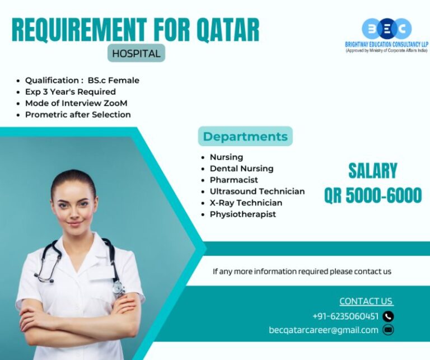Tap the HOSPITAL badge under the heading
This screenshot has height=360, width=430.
(136, 54)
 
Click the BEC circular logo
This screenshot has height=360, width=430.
(386, 29)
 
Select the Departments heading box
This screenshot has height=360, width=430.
(245, 137)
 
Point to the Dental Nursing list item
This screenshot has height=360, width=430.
(241, 169)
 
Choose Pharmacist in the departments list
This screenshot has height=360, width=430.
(233, 180)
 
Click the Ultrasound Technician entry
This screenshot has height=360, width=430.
(257, 191)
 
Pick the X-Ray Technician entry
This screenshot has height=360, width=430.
(246, 203)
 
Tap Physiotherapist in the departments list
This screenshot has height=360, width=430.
(242, 214)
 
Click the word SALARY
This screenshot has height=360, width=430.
(372, 170)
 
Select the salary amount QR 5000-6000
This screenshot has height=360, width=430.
(372, 195)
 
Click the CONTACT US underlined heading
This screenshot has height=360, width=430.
(366, 301)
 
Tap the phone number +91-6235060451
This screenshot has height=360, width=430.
(345, 316)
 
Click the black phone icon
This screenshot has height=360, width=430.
(388, 316)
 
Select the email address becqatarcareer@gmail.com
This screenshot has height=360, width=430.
(324, 330)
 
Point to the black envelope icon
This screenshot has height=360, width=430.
(388, 330)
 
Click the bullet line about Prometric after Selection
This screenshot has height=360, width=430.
(78, 115)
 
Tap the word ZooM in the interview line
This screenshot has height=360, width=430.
(116, 103)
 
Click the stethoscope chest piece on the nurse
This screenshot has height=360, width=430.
(118, 288)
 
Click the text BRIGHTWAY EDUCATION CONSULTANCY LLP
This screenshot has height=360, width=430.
(386, 45)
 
